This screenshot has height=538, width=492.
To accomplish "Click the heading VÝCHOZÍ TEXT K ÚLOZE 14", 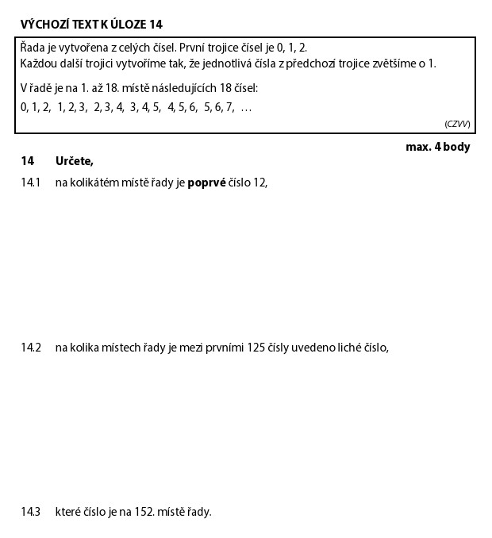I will click(91, 25).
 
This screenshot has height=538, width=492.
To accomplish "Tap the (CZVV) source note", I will click(457, 124).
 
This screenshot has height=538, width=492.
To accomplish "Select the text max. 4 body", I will click(437, 147).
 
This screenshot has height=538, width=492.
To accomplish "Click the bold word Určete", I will click(75, 162).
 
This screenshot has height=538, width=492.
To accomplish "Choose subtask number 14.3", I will click(30, 512).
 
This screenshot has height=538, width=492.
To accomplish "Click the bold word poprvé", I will click(206, 183).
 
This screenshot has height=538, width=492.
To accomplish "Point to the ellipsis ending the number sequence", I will click(246, 108).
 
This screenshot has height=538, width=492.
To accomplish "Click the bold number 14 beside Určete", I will click(28, 162).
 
